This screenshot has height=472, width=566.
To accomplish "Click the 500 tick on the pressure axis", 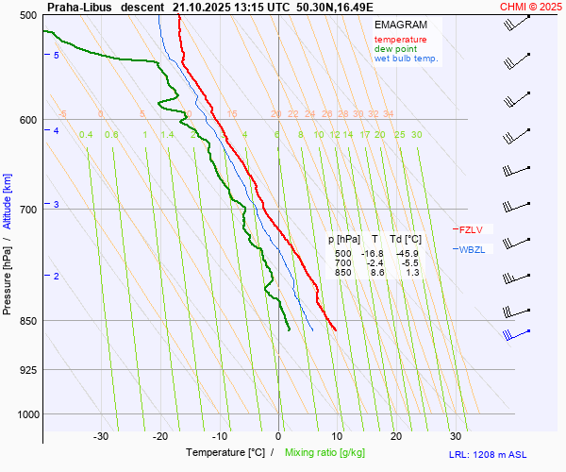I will tap(26, 15).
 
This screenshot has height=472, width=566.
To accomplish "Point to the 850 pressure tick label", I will tap(26, 321).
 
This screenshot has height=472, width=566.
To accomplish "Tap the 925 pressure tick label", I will tap(26, 369).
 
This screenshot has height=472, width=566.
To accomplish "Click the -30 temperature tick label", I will tap(101, 436).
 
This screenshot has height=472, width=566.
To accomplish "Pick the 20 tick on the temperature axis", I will tap(396, 436).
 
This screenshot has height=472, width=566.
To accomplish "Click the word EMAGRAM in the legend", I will tap(400, 25).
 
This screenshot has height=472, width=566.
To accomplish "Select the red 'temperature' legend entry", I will tap(400, 40).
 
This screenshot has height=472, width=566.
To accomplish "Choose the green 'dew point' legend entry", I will tap(396, 49).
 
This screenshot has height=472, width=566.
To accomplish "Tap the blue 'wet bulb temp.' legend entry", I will tap(406, 59).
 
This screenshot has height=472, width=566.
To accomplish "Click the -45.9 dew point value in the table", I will tap(408, 254).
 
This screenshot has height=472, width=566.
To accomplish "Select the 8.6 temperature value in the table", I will tap(375, 272).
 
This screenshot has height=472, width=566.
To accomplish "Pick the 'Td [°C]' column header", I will tap(407, 240).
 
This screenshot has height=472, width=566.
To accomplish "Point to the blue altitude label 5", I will tap(57, 56).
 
